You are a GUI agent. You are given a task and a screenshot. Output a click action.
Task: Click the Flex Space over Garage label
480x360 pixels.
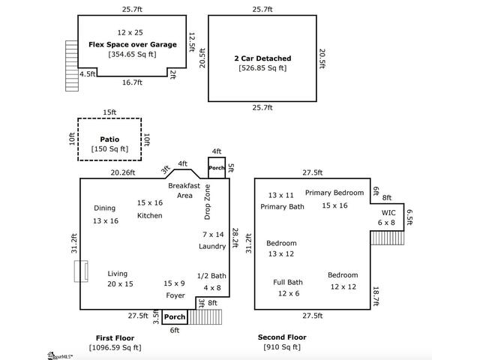133,44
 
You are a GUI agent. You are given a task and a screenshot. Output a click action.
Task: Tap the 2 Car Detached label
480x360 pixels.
262,58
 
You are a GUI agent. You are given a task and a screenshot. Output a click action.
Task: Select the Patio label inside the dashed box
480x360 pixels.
109,139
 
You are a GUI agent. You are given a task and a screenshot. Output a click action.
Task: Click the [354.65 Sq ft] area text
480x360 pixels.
133,55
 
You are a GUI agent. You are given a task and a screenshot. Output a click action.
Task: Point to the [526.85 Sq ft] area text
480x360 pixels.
262,68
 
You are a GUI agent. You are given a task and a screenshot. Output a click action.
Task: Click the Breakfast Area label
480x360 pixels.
184,190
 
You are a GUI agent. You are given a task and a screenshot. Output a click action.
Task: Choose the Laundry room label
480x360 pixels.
212,246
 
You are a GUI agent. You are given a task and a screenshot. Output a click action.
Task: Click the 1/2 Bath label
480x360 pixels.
211,276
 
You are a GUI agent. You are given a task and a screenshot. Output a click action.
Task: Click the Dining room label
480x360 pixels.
104,208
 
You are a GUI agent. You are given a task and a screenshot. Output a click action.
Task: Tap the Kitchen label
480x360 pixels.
149,216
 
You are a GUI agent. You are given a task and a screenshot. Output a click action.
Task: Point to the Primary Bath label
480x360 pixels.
282,206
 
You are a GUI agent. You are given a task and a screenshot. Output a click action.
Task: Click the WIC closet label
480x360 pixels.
387,212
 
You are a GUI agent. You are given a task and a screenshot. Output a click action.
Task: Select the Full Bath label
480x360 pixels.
287,282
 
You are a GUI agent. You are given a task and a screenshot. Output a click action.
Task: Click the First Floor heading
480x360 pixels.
114,337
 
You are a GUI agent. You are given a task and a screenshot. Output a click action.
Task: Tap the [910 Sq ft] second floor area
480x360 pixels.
281,347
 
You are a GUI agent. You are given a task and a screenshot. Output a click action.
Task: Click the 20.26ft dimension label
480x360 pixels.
123,172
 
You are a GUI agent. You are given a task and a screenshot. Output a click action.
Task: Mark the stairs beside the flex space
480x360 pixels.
72,57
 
